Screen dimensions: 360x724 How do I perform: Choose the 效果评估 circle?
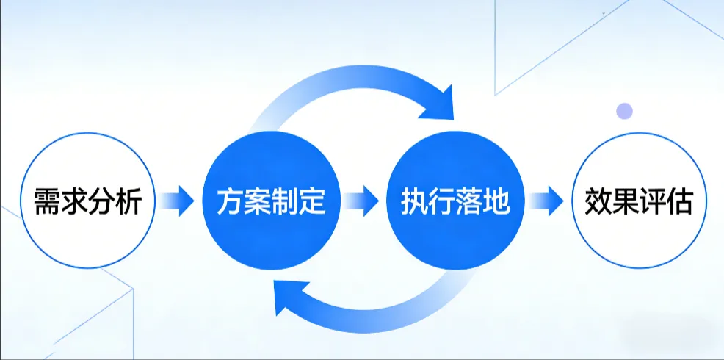[637, 200]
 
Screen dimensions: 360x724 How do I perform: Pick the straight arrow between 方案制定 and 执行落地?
[361, 200]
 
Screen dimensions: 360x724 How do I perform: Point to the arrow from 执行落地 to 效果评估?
[546, 200]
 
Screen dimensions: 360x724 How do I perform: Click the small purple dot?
[624, 111]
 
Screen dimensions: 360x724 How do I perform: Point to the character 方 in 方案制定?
[229, 201]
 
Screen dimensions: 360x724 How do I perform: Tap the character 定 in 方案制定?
[311, 201]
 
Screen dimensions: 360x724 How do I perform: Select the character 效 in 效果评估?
[596, 201]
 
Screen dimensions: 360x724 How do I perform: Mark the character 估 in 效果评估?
[678, 201]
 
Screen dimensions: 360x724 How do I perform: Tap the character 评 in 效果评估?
[651, 201]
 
